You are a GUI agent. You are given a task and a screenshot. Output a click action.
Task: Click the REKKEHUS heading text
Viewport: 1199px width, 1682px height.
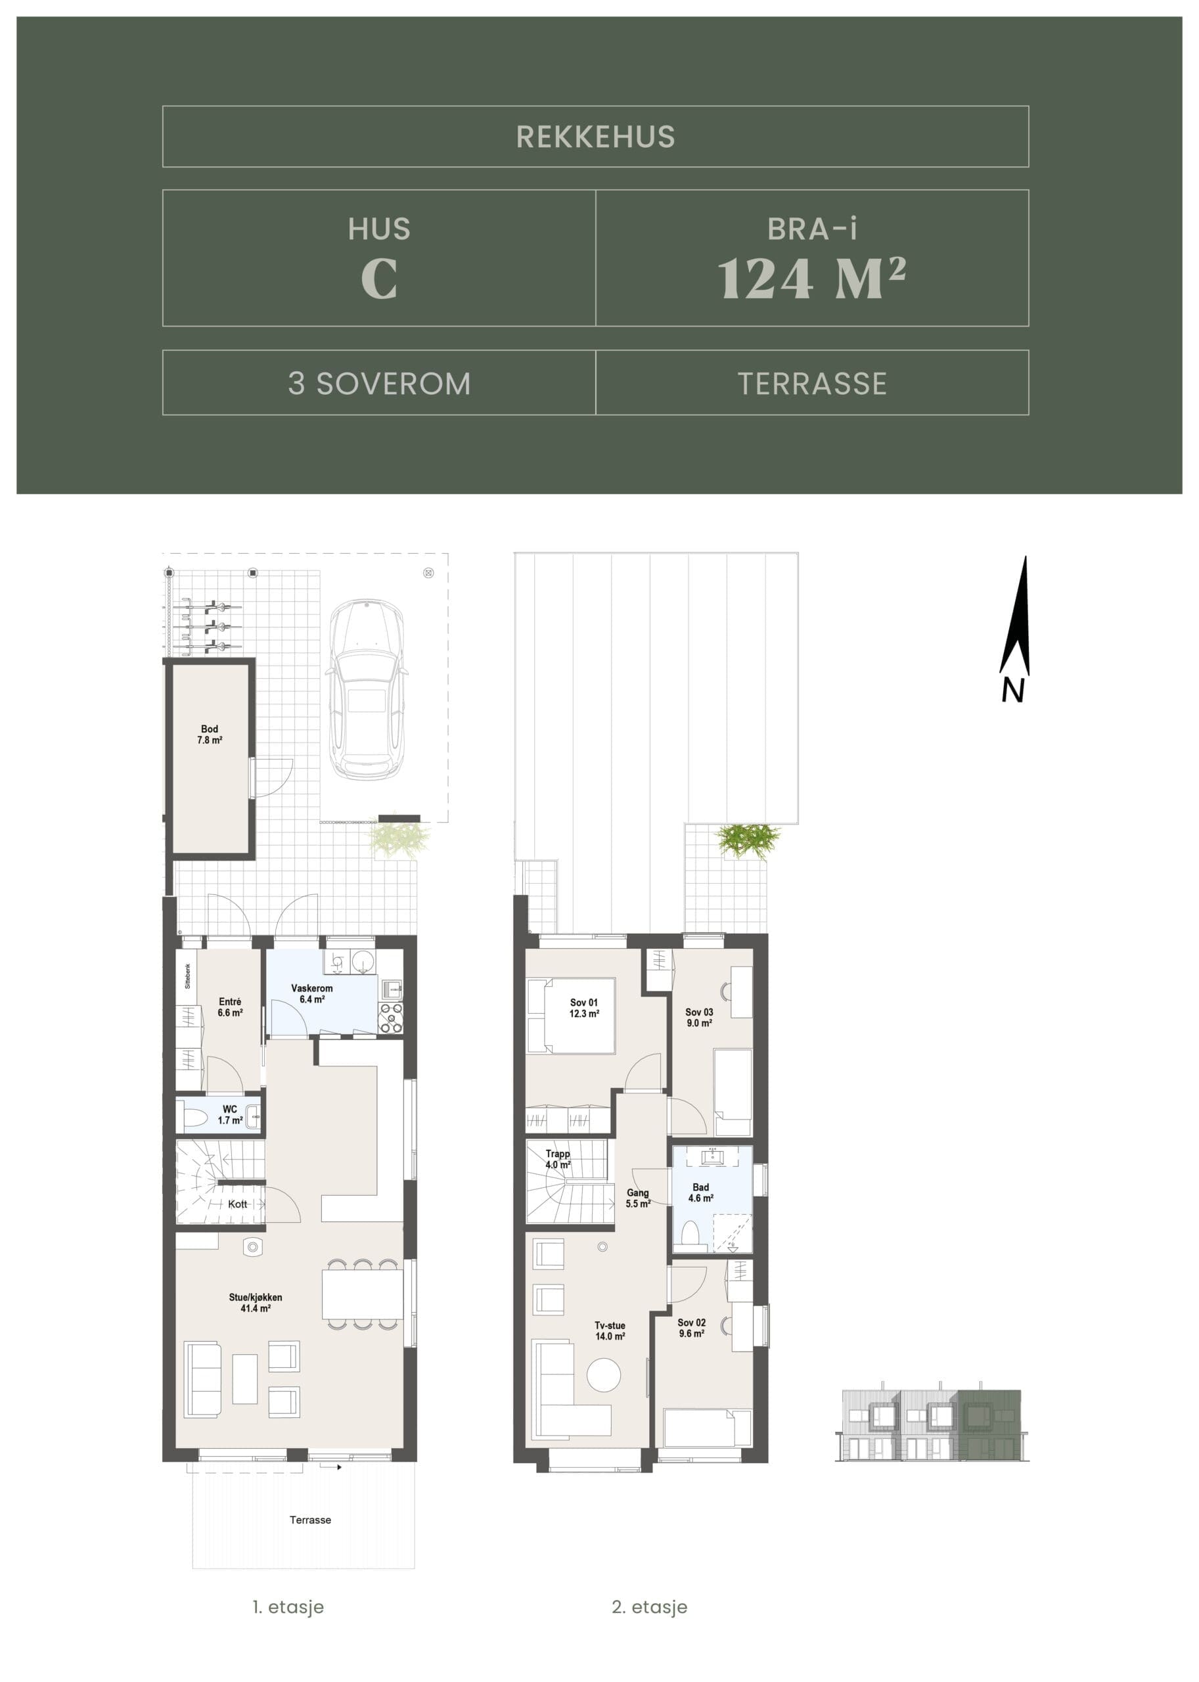pyautogui.click(x=595, y=137)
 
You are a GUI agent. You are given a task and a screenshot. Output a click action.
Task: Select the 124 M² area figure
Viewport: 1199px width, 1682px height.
pyautogui.click(x=812, y=279)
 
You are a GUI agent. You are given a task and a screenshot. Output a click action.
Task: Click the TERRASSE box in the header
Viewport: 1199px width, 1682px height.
pyautogui.click(x=812, y=382)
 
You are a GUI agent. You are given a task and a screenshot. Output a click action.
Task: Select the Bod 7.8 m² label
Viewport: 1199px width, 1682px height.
pyautogui.click(x=210, y=734)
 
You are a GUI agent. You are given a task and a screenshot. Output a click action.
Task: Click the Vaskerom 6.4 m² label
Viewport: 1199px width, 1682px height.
pyautogui.click(x=311, y=993)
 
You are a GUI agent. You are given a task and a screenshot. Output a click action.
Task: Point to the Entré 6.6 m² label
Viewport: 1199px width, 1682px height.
pyautogui.click(x=229, y=1007)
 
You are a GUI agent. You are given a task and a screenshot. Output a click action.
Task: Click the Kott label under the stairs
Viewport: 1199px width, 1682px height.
pyautogui.click(x=237, y=1204)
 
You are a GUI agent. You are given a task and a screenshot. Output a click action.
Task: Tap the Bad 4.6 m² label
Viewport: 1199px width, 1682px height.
pyautogui.click(x=700, y=1193)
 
